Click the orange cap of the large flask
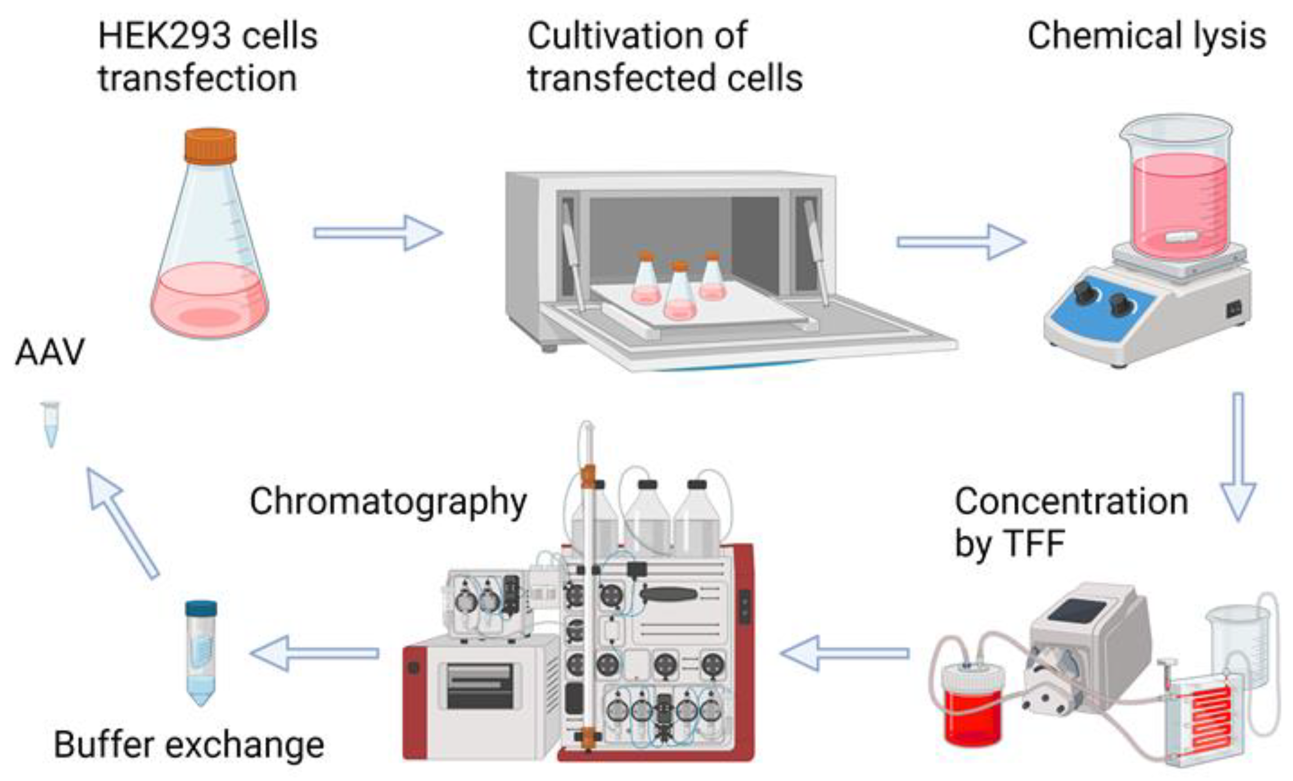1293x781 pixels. click(210, 145)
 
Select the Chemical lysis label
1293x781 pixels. click(1147, 37)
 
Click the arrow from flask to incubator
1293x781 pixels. click(378, 233)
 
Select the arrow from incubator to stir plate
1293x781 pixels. click(961, 241)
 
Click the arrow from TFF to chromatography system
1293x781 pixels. click(845, 653)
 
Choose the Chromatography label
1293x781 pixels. click(388, 502)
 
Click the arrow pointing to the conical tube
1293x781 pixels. click(315, 653)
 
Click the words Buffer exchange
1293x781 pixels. click(189, 745)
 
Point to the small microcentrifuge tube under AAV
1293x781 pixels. click(51, 423)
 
